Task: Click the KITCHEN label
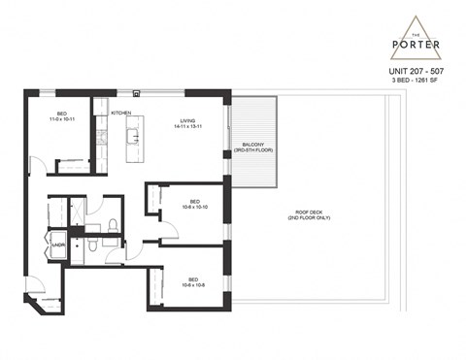pyautogui.click(x=121, y=114)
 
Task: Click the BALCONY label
pyautogui.click(x=244, y=145)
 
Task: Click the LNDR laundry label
pyautogui.click(x=58, y=245)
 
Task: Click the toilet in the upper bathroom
pyautogui.click(x=114, y=225)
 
